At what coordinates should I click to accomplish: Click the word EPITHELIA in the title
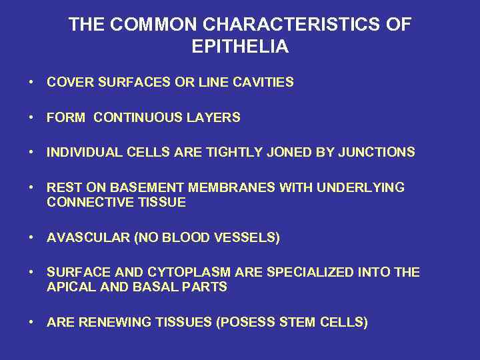pos(239,46)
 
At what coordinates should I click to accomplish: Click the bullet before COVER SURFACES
pos(31,83)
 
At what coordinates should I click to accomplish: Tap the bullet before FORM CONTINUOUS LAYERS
pos(31,118)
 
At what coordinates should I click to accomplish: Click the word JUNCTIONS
pos(377,153)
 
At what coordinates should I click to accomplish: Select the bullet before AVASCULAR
pos(31,238)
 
